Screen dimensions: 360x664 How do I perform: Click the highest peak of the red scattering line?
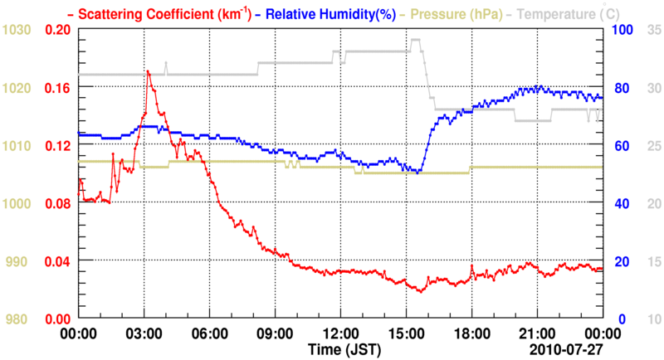point(148,71)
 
